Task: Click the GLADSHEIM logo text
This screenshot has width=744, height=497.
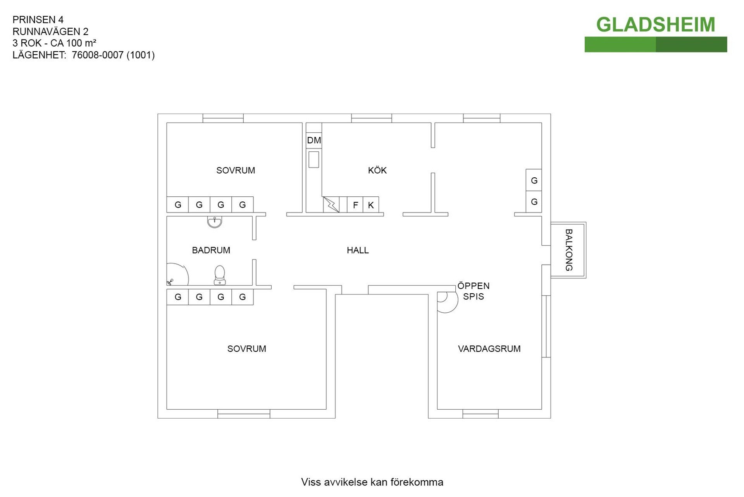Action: [x=655, y=25]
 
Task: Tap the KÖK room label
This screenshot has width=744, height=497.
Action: [x=377, y=170]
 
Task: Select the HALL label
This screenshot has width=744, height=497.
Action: [x=358, y=250]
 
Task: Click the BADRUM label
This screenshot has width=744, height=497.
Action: [x=211, y=250]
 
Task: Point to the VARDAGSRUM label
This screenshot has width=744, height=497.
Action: [x=489, y=349]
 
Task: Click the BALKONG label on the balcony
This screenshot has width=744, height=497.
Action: [x=568, y=250]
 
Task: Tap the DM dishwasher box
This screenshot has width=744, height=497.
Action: [x=314, y=140]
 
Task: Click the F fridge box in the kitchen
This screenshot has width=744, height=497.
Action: [x=355, y=205]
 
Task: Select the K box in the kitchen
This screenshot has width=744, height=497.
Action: [x=371, y=205]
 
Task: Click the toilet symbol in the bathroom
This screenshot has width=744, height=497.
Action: [x=220, y=275]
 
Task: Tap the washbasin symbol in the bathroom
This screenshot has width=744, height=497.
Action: [x=214, y=222]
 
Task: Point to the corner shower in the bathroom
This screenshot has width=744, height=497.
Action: [x=177, y=274]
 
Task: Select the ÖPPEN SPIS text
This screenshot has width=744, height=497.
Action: [x=474, y=291]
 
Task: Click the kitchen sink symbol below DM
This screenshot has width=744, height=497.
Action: [x=314, y=159]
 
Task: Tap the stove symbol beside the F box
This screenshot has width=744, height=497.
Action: [x=331, y=204]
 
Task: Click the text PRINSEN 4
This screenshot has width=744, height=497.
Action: [x=38, y=20]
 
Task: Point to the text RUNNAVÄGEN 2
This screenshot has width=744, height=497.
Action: [x=50, y=31]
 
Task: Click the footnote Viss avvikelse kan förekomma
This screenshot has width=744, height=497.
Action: [x=372, y=482]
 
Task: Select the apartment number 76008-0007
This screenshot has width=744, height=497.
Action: [x=98, y=55]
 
